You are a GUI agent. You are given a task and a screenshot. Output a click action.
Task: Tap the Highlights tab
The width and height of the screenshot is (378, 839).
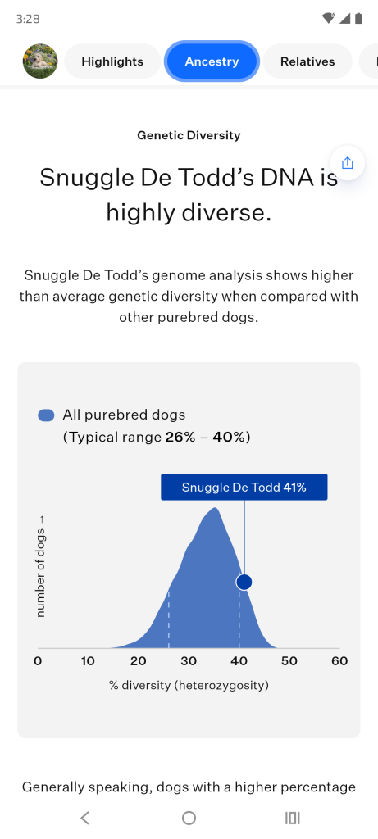[x=112, y=61]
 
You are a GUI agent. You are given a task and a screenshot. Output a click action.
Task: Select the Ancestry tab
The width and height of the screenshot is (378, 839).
[x=212, y=61]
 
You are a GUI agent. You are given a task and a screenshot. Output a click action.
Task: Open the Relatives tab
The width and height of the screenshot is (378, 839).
[x=307, y=61]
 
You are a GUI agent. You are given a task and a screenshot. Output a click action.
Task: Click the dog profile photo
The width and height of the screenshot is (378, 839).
[x=40, y=61]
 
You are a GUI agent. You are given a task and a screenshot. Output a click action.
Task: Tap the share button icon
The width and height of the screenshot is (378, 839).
[x=348, y=163]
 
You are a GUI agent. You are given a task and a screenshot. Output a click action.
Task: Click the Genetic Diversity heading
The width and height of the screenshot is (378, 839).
[x=189, y=135]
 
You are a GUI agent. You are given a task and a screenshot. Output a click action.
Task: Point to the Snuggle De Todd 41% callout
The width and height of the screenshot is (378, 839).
[x=244, y=487]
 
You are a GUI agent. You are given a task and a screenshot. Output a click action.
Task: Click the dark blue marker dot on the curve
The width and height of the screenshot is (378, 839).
[x=244, y=582]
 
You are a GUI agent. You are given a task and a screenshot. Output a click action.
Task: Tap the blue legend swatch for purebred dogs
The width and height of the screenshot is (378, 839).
[x=46, y=415]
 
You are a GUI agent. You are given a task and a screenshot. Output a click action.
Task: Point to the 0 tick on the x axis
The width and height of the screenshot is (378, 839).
[x=38, y=661]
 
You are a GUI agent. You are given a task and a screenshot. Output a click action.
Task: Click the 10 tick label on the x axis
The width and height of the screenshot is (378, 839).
[x=88, y=661]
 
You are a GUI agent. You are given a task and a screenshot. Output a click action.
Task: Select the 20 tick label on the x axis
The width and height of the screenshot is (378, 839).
[x=138, y=661]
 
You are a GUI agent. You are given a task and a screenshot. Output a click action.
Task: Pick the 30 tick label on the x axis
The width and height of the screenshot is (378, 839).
[x=189, y=661]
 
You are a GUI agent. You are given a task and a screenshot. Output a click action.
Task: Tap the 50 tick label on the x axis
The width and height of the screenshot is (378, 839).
[x=289, y=661]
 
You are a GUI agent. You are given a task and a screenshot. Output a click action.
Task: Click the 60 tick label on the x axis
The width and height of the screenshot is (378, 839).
[x=339, y=661]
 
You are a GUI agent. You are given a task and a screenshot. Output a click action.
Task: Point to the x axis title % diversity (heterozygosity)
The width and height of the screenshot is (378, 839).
[x=189, y=685]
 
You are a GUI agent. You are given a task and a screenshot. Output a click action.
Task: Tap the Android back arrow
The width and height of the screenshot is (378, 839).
[x=84, y=818]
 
